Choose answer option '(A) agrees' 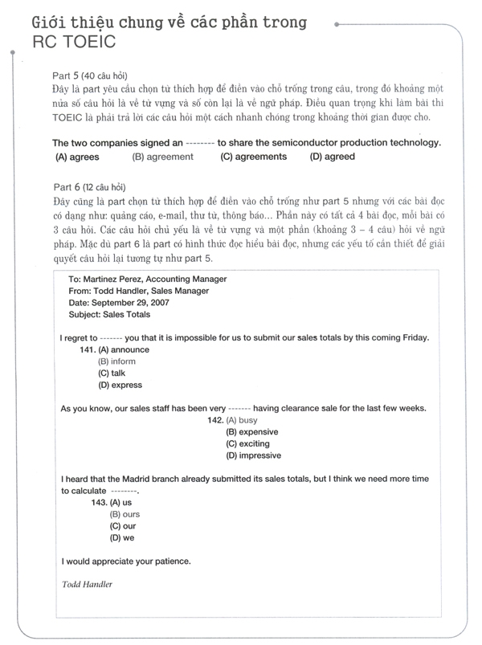[77, 157]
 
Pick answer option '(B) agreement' [163, 157]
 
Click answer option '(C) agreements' [253, 157]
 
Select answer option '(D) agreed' [332, 157]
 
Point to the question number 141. [88, 350]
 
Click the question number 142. [215, 420]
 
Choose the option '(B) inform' [117, 361]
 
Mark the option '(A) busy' [242, 420]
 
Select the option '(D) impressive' [254, 455]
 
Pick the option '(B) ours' [125, 514]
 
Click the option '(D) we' [122, 537]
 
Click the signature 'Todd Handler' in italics [87, 584]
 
